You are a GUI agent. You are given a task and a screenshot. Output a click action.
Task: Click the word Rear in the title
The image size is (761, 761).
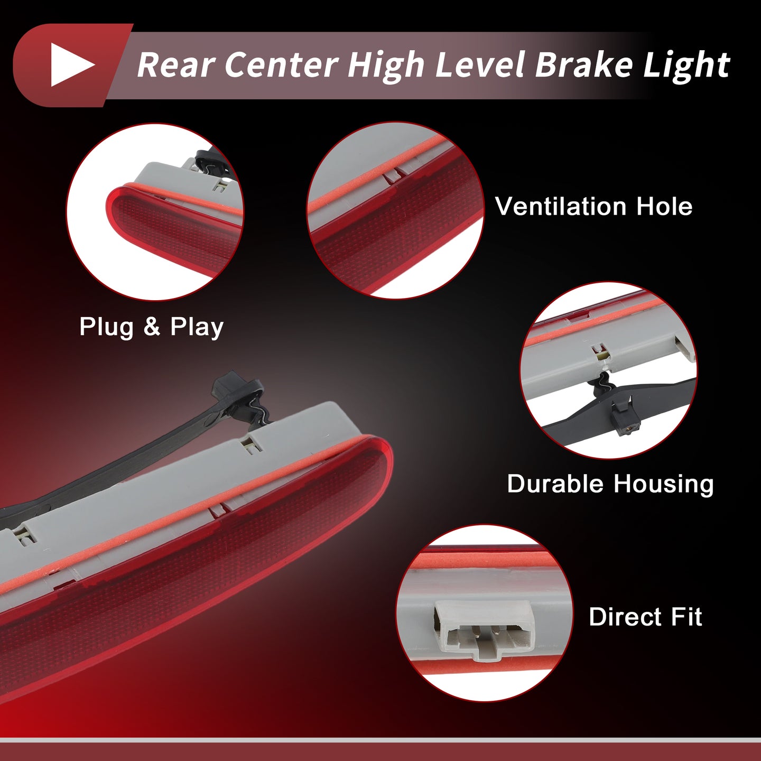pyautogui.click(x=176, y=65)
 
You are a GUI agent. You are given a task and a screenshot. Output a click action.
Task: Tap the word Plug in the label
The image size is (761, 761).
pyautogui.click(x=106, y=328)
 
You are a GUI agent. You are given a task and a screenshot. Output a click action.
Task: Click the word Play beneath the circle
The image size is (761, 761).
pyautogui.click(x=197, y=328)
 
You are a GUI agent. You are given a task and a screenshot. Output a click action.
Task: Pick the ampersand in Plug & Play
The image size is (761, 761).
pyautogui.click(x=152, y=327)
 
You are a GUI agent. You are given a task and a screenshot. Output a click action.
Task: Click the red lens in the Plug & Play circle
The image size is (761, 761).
pyautogui.click(x=174, y=229)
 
